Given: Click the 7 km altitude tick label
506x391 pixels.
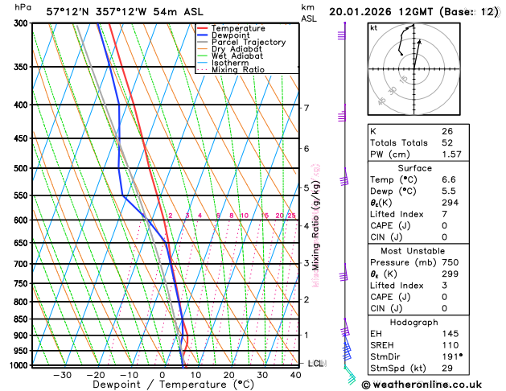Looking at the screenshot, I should click(306, 108).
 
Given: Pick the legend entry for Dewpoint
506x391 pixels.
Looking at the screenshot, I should click(231, 35).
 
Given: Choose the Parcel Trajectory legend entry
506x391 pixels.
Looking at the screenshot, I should click(249, 43).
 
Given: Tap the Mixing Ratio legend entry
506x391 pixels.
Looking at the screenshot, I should click(238, 70).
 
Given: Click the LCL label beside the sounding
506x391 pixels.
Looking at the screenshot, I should click(315, 364).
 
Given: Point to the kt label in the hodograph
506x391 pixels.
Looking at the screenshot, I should click(373, 27).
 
